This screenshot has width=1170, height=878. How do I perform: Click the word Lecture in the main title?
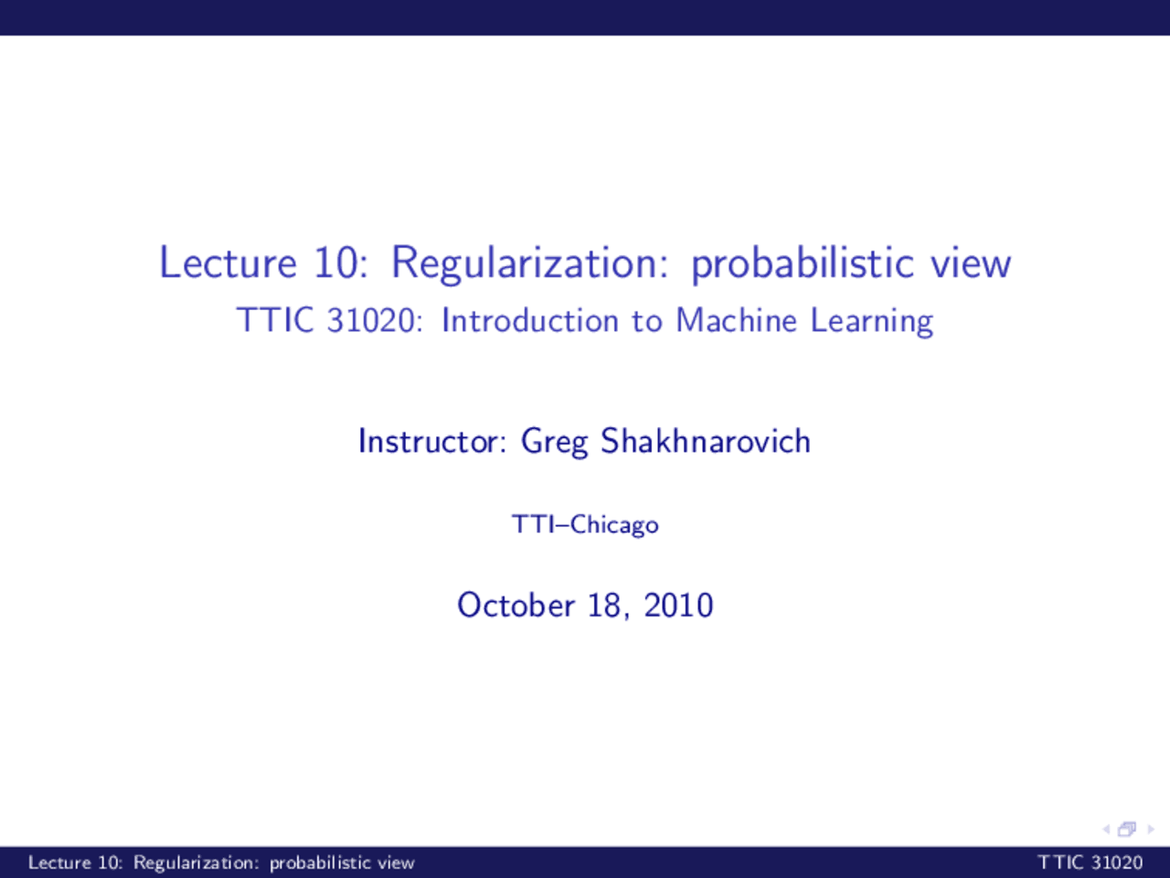pos(228,262)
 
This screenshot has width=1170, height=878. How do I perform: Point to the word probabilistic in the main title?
pos(802,264)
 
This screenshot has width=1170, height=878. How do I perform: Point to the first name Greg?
pos(554,443)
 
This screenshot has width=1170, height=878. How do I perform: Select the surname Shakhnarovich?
pos(705,442)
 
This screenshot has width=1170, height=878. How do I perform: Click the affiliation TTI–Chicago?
pos(585,525)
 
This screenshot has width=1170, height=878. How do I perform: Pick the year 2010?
pos(678,605)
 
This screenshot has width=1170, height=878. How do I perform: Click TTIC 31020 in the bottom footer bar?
pos(1090,862)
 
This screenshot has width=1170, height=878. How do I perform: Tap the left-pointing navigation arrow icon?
pos(1106,830)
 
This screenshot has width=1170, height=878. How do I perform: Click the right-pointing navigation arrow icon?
pos(1150,830)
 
